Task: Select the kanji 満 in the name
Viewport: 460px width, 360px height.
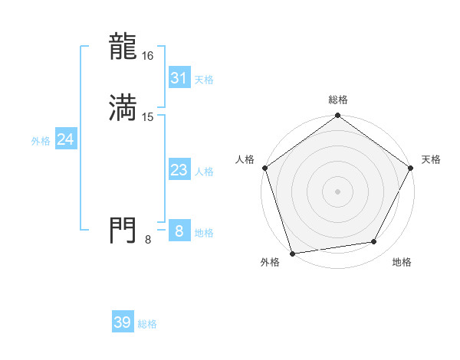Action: pyautogui.click(x=123, y=108)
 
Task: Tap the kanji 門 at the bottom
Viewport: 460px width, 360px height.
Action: pyautogui.click(x=123, y=230)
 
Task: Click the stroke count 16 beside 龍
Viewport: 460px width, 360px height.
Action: pyautogui.click(x=148, y=56)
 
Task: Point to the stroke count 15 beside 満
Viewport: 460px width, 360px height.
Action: pyautogui.click(x=148, y=116)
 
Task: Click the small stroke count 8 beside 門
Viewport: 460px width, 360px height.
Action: pyautogui.click(x=148, y=240)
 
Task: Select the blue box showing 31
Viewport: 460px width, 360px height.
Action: pyautogui.click(x=179, y=78)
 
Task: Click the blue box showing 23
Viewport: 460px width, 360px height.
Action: pyautogui.click(x=179, y=171)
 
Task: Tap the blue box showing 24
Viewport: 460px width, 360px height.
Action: pyautogui.click(x=65, y=139)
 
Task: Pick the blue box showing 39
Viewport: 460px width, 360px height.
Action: pyautogui.click(x=123, y=322)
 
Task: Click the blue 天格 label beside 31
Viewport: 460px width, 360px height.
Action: pyautogui.click(x=204, y=80)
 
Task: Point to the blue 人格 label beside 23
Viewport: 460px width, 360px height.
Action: pyautogui.click(x=204, y=172)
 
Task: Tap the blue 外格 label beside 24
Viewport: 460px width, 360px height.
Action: pyautogui.click(x=41, y=141)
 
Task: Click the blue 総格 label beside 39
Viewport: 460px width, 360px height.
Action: pyautogui.click(x=147, y=324)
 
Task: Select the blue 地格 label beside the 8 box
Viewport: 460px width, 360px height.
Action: pyautogui.click(x=204, y=233)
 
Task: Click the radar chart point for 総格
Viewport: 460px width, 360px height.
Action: pyautogui.click(x=337, y=116)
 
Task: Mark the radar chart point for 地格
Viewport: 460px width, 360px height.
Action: pyautogui.click(x=374, y=242)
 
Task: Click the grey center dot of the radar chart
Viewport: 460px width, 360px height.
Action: pyautogui.click(x=337, y=191)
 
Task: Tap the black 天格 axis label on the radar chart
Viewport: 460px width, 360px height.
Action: pyautogui.click(x=431, y=159)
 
